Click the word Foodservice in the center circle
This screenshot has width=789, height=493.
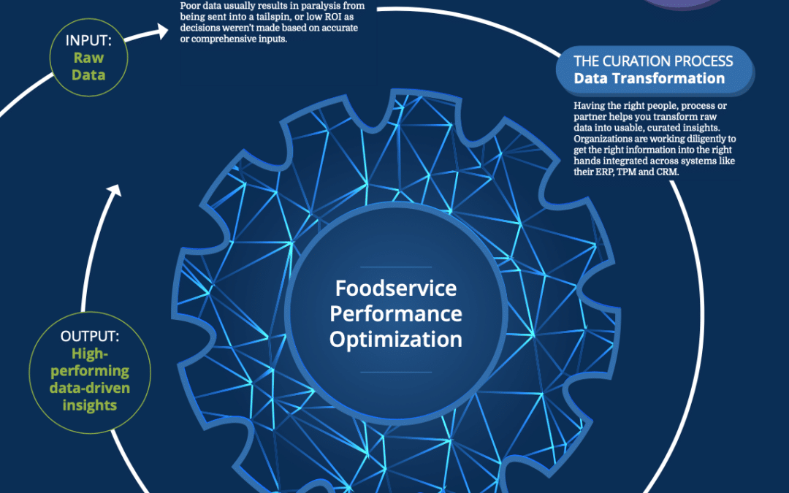point(396,288)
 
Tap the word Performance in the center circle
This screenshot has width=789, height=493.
point(396,314)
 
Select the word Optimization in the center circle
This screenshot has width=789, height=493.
point(396,340)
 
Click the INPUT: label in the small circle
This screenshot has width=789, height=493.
point(88,41)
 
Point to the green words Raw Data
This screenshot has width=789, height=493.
point(88,66)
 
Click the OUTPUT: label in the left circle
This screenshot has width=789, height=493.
point(90,336)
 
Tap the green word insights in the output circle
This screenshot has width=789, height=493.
point(90,405)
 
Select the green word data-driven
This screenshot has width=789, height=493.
point(90,388)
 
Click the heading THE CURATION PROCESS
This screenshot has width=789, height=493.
point(653,61)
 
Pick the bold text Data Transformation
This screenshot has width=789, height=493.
point(649,78)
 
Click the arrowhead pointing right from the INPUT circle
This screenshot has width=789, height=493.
point(162,31)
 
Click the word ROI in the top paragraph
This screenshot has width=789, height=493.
point(332,17)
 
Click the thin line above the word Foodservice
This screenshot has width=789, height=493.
point(396,267)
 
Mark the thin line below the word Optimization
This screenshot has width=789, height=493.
point(396,372)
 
